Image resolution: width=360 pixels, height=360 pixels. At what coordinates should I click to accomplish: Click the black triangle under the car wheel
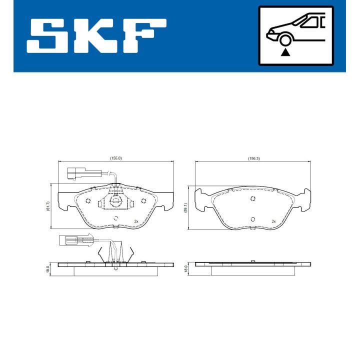click(x=285, y=52)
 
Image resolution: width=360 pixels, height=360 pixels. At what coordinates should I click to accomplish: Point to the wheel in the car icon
click(x=285, y=40)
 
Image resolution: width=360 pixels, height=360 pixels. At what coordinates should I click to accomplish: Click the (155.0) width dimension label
click(x=116, y=158)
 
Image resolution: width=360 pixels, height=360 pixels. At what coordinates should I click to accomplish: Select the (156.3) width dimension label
click(x=253, y=158)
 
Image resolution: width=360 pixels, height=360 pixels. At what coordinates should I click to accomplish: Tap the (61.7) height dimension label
click(x=48, y=206)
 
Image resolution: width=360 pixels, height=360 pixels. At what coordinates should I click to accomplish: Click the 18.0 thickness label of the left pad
click(x=48, y=268)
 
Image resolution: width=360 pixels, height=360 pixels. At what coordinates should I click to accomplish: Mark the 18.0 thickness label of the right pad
click(x=185, y=268)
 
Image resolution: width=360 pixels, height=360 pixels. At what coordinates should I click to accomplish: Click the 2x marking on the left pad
click(x=135, y=221)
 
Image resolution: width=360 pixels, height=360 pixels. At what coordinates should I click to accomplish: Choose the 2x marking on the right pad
click(x=273, y=221)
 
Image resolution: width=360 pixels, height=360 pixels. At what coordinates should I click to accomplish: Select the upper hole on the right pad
click(x=253, y=198)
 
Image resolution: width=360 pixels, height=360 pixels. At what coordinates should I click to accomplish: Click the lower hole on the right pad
click(x=253, y=218)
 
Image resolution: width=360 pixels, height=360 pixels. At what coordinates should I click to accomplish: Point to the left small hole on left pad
click(x=88, y=201)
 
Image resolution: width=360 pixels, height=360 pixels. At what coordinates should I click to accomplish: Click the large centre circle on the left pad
click(x=115, y=201)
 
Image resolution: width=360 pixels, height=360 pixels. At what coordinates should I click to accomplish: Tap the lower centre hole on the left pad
click(x=115, y=218)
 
